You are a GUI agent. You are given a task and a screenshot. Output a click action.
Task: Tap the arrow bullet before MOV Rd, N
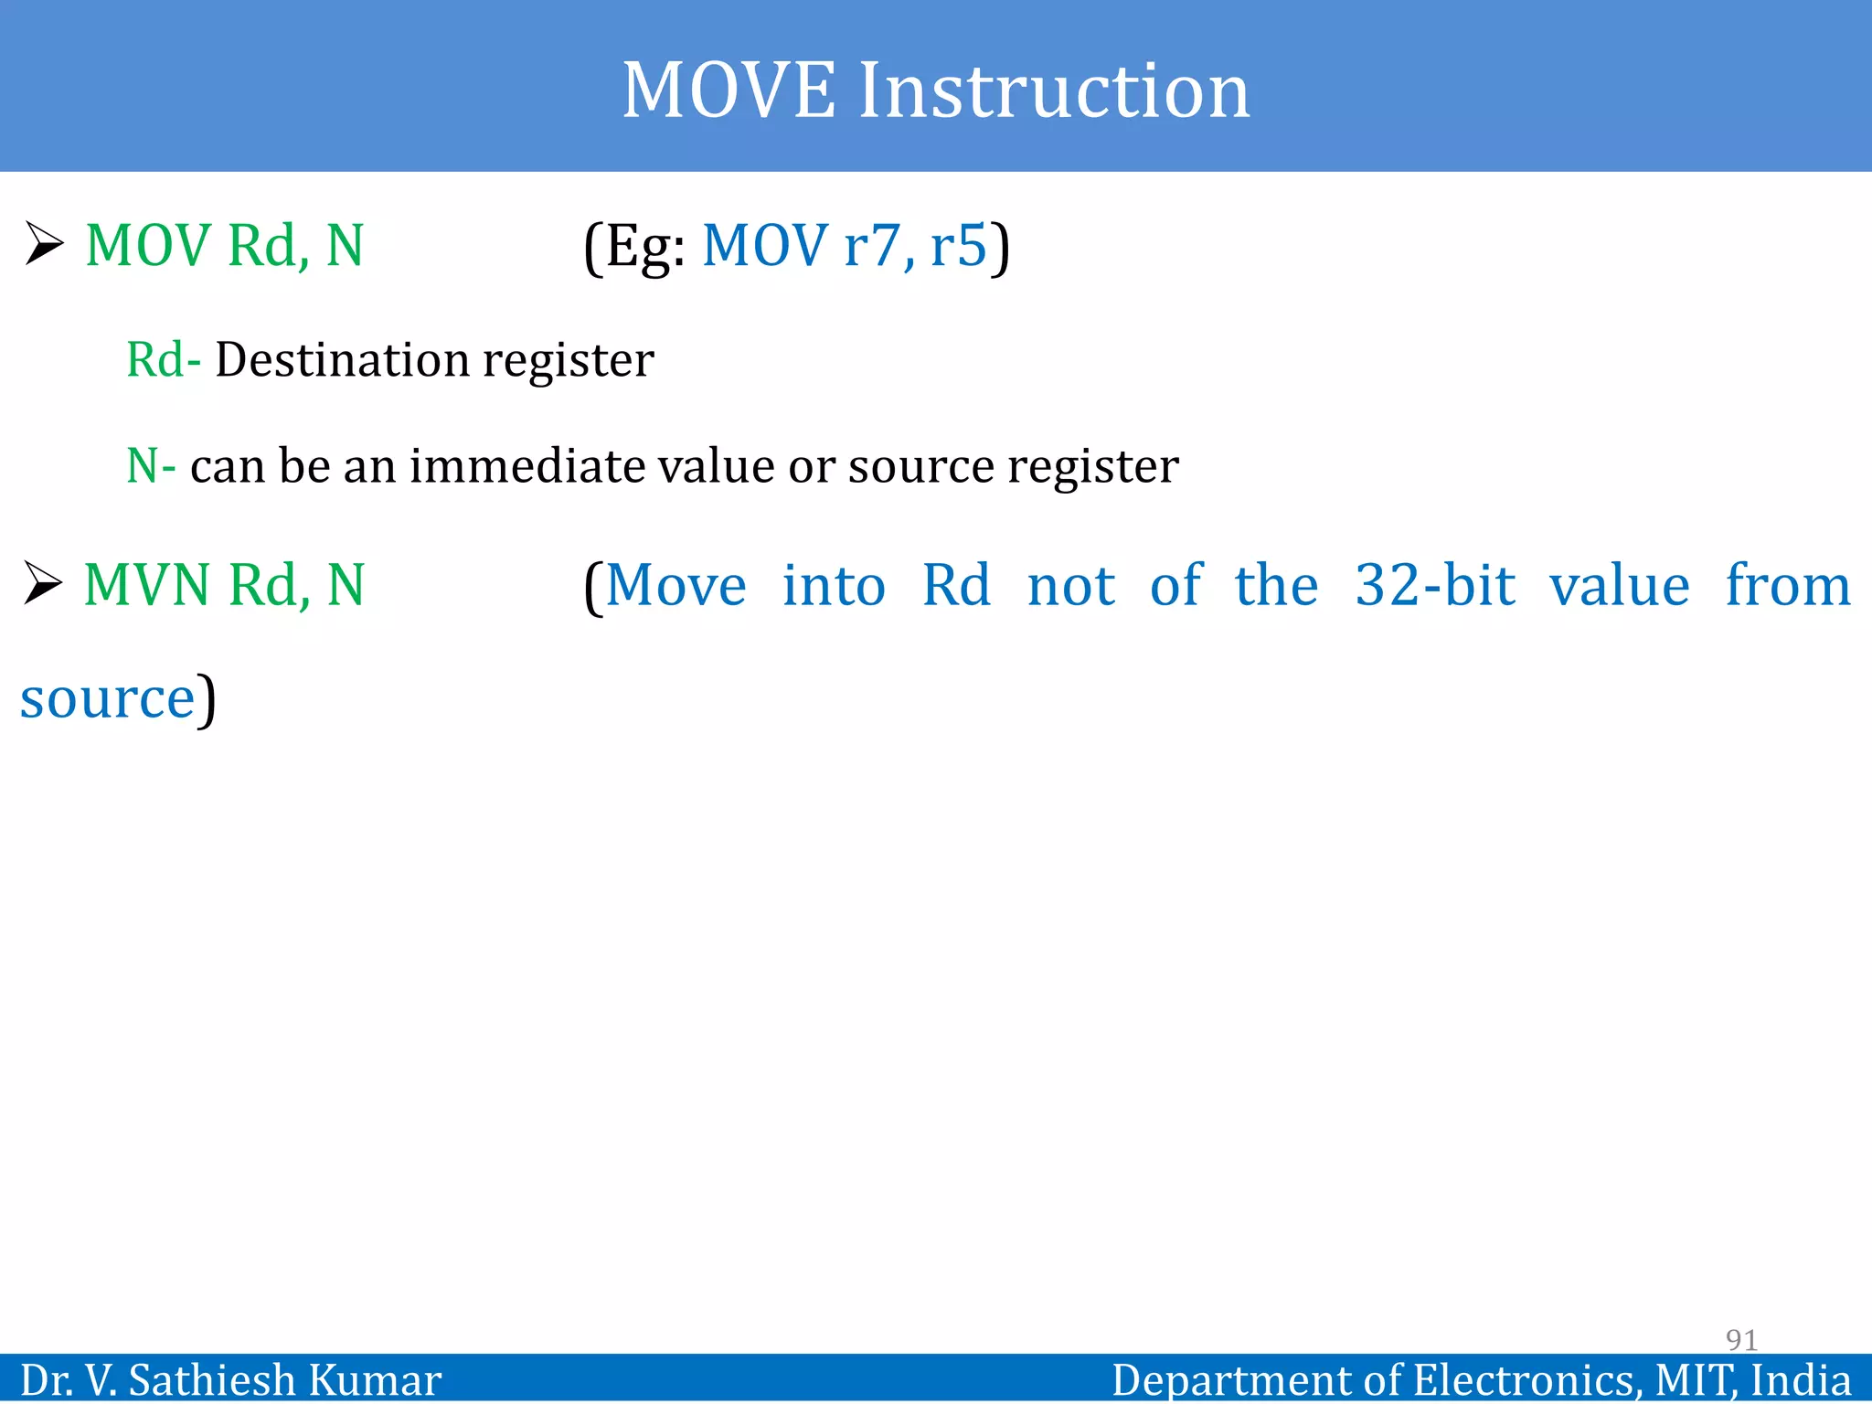coord(44,244)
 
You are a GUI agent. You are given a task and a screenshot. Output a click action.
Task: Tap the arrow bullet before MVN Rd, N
coord(44,584)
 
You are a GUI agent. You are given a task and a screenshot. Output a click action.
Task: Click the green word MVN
coord(147,585)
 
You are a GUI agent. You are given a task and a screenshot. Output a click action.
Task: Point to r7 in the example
coord(872,247)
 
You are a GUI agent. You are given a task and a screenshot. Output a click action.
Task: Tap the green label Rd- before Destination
coord(163,359)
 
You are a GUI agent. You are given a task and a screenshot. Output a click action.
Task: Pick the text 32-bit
coord(1435,585)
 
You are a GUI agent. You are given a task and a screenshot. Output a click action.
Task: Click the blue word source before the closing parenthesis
coord(108,698)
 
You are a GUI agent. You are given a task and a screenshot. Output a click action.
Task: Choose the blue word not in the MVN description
coord(1071,585)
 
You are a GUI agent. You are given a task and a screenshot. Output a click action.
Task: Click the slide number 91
coord(1741,1340)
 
